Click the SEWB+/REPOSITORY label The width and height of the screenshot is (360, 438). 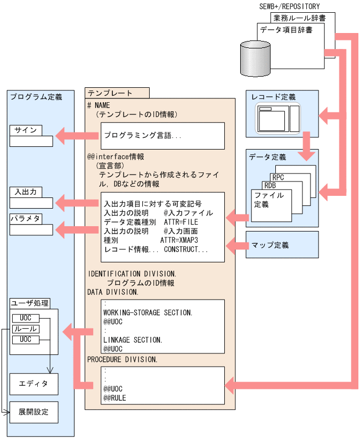[289, 6]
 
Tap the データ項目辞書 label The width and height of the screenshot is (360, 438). [286, 30]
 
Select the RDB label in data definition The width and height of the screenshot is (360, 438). [270, 185]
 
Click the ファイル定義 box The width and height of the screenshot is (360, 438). [269, 200]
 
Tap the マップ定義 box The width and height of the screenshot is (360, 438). [282, 245]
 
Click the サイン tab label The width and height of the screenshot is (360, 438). [26, 130]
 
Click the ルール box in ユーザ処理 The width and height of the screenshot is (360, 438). [25, 329]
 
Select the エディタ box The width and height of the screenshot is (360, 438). [34, 384]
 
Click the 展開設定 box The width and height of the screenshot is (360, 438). [34, 412]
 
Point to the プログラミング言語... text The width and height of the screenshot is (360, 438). [143, 136]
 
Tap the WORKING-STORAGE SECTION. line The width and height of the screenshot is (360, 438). [148, 312]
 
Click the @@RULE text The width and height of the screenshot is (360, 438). [114, 398]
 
